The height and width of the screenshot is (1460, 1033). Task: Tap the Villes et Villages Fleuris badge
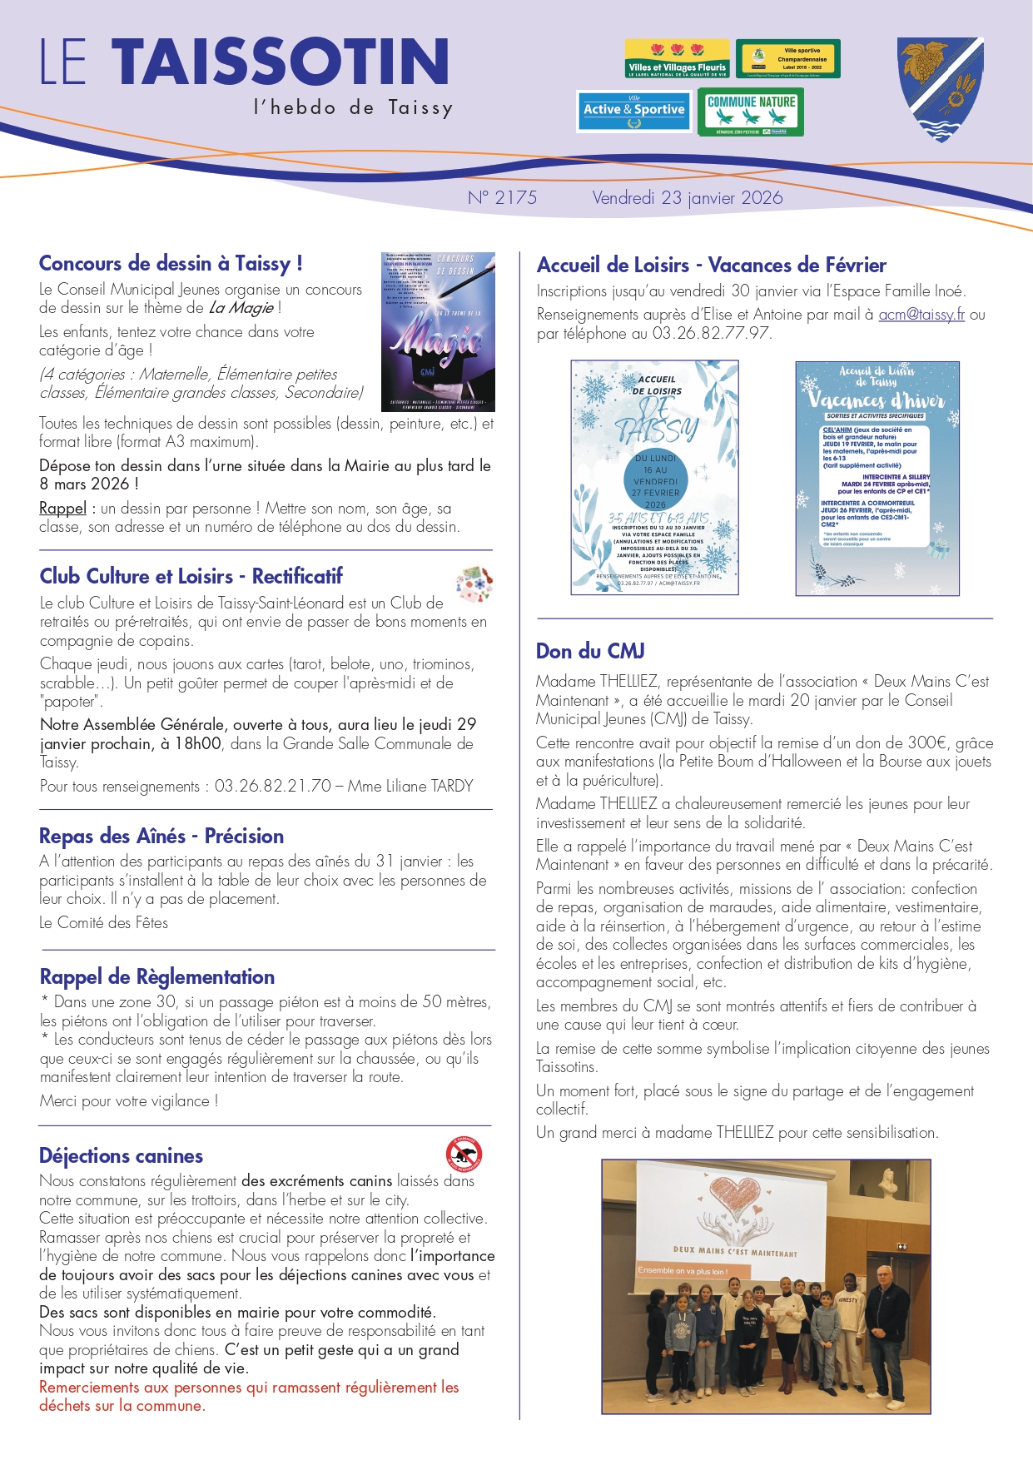pos(677,59)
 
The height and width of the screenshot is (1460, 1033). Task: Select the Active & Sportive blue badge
pos(634,111)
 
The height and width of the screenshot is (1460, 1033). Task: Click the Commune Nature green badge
pos(751,112)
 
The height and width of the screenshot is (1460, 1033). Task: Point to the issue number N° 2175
pos(502,198)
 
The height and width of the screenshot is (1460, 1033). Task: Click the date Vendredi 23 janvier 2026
pos(688,198)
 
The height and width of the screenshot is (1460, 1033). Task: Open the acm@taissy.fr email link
pos(921,315)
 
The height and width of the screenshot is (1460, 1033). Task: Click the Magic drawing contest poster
pos(438,331)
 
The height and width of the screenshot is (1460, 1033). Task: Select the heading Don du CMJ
pos(590,651)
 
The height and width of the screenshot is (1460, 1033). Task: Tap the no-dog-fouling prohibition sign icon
pos(464,1154)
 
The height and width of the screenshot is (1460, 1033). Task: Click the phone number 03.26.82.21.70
pos(273,786)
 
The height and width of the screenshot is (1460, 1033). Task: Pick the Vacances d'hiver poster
pos(877,478)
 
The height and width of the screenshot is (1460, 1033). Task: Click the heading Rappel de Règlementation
pos(157,976)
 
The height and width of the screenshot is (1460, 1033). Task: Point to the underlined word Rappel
pos(62,509)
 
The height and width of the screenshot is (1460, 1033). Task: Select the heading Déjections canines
pos(122,1155)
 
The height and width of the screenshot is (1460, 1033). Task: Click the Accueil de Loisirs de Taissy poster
pos(654,478)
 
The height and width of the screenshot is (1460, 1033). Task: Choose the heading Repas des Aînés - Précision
pos(161,836)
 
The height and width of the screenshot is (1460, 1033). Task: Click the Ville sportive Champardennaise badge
pos(788,59)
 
